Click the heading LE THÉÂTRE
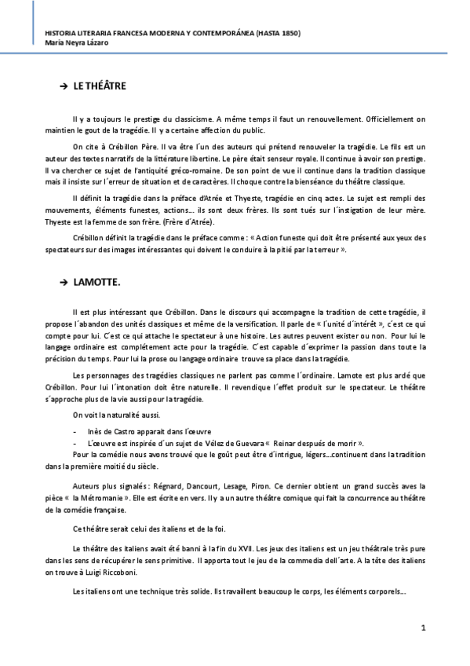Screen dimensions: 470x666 click(100, 86)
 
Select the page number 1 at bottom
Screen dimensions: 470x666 click(423, 628)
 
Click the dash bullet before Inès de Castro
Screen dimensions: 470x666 click(75, 431)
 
